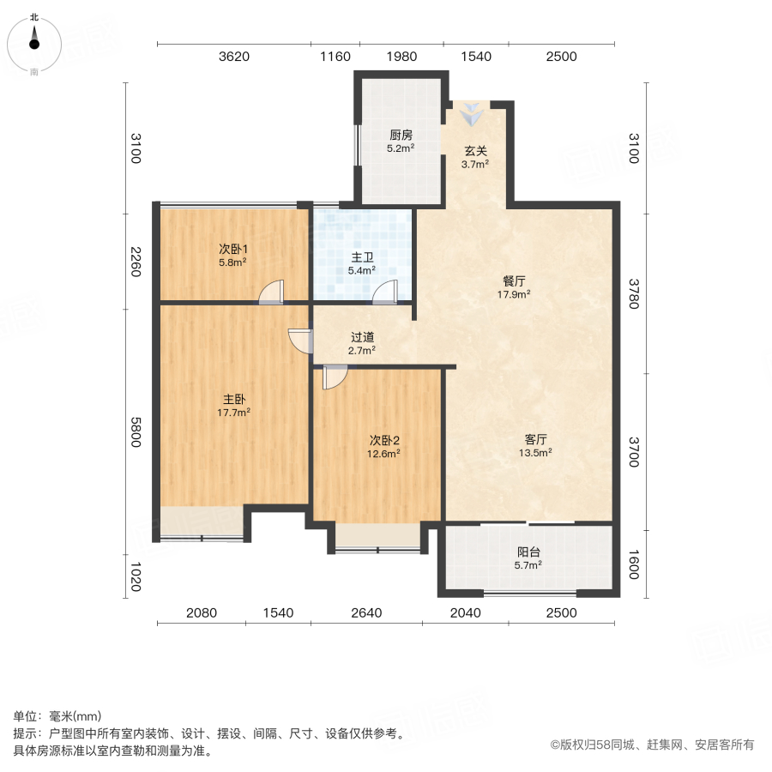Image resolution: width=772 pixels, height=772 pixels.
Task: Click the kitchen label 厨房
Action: pos(401,135)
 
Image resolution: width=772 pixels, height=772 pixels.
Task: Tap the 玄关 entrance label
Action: pos(475,151)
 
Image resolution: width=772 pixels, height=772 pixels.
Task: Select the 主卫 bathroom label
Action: pos(362,257)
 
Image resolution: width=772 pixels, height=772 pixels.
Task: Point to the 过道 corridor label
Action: pos(362,337)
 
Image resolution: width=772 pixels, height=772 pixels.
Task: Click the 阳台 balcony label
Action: pos(528,552)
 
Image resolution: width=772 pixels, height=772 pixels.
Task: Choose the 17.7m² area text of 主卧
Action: pos(233,413)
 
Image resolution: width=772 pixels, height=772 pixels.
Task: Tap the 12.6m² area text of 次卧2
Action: pos(383,454)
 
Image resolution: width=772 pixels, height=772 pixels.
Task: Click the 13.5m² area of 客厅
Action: pos(535,452)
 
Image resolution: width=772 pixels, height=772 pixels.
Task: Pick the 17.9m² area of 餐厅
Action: pos(514,294)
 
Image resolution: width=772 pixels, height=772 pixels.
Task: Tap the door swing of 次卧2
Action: pos(335,377)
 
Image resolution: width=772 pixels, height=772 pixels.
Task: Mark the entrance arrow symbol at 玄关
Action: pos(472,114)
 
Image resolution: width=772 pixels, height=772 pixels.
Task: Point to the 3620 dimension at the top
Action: pos(234,56)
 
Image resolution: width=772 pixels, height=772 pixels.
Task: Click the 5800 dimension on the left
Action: pos(136,432)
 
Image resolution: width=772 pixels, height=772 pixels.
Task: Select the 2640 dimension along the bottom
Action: pos(366,612)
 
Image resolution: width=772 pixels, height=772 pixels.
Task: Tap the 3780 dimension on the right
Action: pos(634,294)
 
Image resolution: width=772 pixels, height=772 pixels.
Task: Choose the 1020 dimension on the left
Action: pos(136,576)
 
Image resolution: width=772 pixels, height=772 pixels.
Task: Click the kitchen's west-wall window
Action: pos(358,145)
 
